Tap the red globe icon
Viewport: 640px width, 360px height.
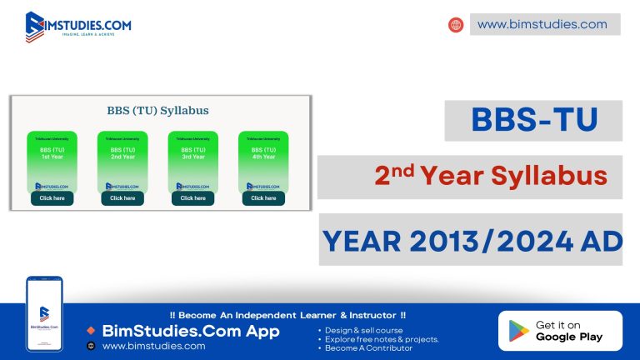(x=456, y=25)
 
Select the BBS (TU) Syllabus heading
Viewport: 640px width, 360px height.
(x=157, y=110)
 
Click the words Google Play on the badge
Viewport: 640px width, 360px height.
(x=569, y=337)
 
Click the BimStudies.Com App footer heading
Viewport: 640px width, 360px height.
(x=190, y=331)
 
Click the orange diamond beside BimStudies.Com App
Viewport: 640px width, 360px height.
(x=91, y=331)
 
